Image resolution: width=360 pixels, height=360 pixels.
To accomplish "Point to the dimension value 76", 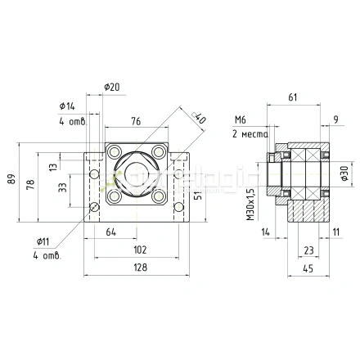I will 136,124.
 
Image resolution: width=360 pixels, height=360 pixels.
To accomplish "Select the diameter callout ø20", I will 113,88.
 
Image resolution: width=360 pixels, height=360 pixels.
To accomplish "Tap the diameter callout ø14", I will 67,106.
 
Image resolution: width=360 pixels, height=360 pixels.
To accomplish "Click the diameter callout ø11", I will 44,241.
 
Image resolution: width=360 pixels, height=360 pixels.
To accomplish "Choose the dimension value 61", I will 293,97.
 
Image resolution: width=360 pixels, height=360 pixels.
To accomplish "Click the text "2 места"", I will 248,133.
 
